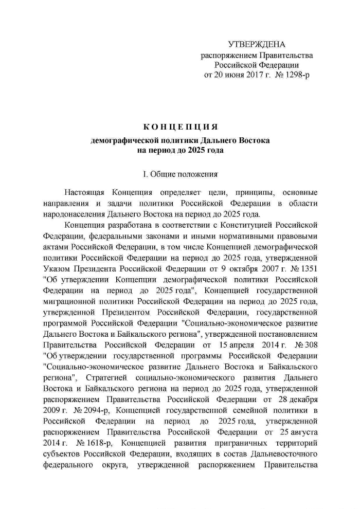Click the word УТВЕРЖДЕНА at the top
[257, 45]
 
